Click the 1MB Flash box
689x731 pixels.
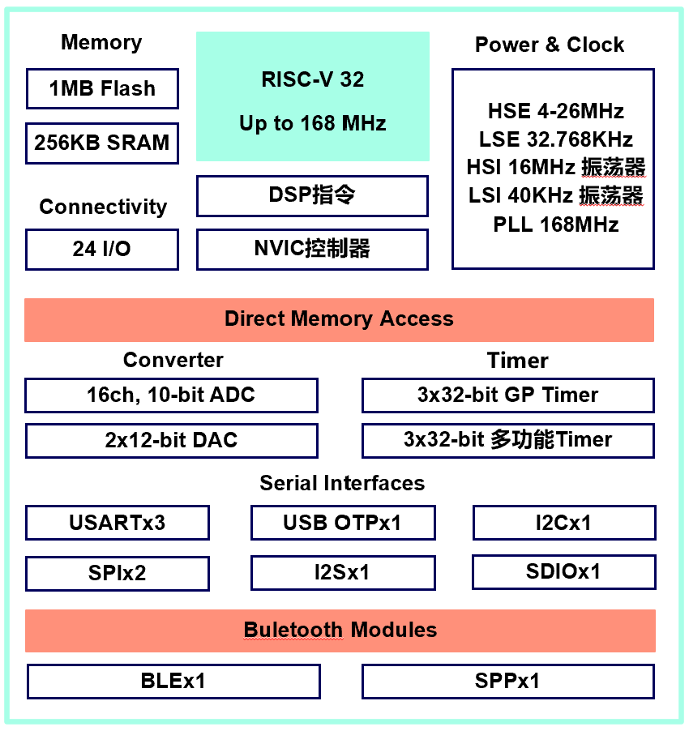click(102, 88)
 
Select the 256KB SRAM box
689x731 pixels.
click(102, 143)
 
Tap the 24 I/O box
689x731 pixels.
click(102, 249)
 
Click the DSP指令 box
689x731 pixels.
click(312, 195)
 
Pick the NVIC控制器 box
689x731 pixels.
click(312, 249)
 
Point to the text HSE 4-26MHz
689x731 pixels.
click(555, 111)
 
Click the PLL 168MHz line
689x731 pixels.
click(555, 224)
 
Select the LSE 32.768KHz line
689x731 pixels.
click(555, 139)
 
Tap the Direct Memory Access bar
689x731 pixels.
click(339, 319)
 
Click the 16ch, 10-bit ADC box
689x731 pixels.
click(171, 395)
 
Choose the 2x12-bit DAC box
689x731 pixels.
click(171, 441)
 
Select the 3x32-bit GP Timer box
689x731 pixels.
click(507, 395)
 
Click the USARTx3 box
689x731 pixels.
click(118, 523)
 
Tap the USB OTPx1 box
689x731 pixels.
click(342, 523)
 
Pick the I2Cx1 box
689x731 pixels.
click(563, 523)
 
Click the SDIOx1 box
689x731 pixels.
click(563, 572)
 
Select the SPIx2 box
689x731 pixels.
click(118, 573)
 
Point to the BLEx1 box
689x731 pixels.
click(173, 681)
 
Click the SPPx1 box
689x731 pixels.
click(507, 681)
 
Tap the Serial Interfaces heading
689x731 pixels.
click(342, 484)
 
